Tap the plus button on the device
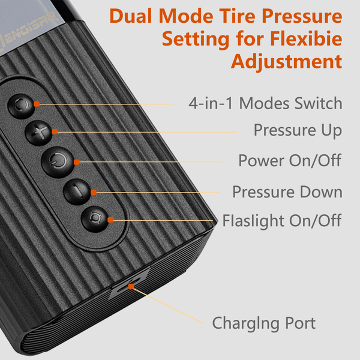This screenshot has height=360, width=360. coord(38,133)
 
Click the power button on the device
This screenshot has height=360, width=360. coord(58,163)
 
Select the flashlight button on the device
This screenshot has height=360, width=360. coord(95,219)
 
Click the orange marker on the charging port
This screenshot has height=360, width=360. coord(131,286)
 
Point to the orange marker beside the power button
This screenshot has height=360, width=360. coord(77,163)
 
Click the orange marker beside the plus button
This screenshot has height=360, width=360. coord(55,131)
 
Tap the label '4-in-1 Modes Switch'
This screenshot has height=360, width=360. coord(265,103)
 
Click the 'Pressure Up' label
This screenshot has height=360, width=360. coord(298,130)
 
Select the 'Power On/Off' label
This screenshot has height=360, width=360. coord(290,160)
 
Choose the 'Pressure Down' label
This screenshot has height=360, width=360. coord(287,192)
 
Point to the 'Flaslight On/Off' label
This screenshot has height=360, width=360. coord(282,221)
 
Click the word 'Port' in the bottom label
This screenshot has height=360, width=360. coord(301,323)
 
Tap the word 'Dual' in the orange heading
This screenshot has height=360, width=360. coord(130,16)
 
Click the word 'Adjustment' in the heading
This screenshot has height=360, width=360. coord(287,62)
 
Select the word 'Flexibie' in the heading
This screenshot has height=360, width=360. coord(306,38)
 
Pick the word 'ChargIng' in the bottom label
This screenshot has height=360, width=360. coord(245,324)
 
